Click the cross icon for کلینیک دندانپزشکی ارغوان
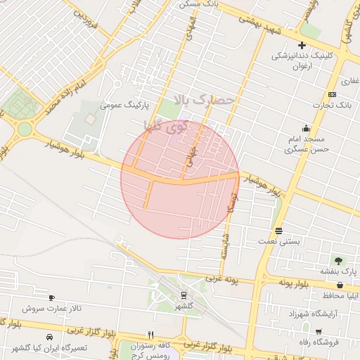pos(302,45)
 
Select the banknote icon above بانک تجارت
pos(332,95)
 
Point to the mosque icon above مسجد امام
pos(306,128)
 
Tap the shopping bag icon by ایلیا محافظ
pos(341,285)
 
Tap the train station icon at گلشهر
pos(184,295)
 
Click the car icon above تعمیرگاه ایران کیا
pos(49,337)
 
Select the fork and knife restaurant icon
pos(150,335)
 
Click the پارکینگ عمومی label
pos(124,105)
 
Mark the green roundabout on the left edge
pos(25,129)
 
